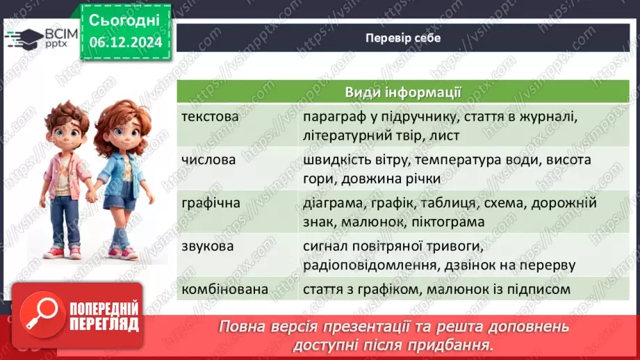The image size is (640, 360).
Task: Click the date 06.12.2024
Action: (125, 42)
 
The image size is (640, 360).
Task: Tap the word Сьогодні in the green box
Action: (125, 19)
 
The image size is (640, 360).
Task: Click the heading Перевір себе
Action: (403, 38)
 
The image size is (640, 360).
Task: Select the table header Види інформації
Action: (403, 93)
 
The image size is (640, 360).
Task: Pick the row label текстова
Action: (210, 117)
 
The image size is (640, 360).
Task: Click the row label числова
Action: (208, 160)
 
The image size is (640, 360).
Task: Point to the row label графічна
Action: (211, 203)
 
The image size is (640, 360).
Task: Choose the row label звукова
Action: (207, 246)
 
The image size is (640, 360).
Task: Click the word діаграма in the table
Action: (331, 203)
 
